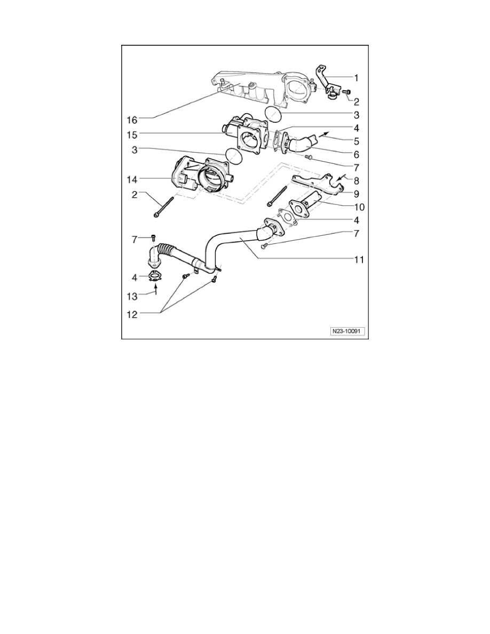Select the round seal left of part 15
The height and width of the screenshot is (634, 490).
click(x=233, y=155)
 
